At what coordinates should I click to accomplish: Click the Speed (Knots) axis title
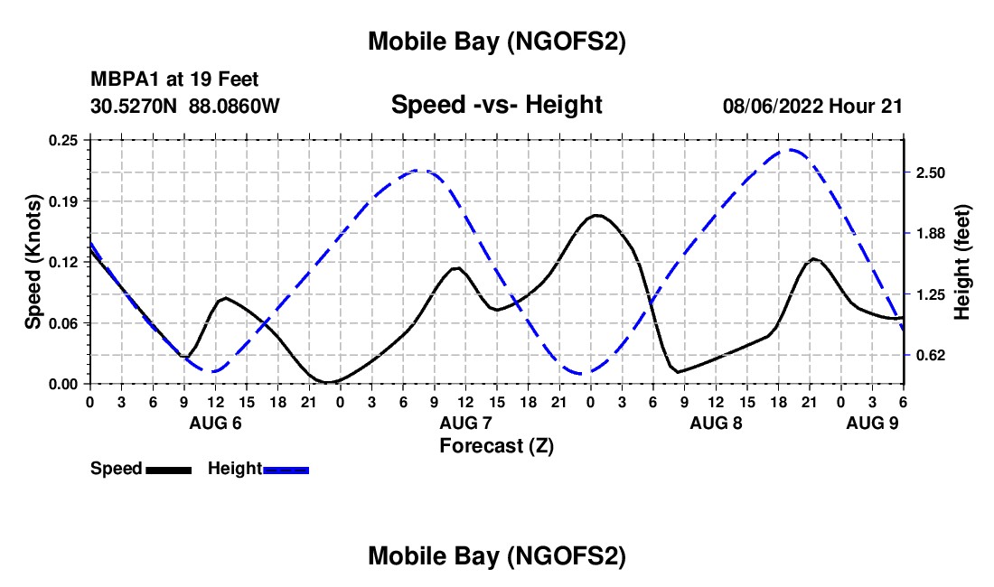[x=33, y=262]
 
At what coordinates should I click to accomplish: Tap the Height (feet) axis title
[x=962, y=262]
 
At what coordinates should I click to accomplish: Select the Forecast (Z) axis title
[x=496, y=445]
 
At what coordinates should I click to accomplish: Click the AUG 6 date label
[x=214, y=423]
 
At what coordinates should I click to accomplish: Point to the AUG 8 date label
[x=716, y=423]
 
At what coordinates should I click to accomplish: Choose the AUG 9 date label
[x=872, y=423]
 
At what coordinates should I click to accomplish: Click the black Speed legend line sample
[x=168, y=470]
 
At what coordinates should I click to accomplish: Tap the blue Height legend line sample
[x=286, y=470]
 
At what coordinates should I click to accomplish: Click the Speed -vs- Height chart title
[x=496, y=105]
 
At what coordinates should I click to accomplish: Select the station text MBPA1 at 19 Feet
[x=174, y=79]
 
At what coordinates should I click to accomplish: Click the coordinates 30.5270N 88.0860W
[x=185, y=106]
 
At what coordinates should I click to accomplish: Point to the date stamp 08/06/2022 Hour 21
[x=812, y=106]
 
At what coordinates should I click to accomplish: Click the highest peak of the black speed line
[x=596, y=215]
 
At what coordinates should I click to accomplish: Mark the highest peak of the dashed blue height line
[x=792, y=150]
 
